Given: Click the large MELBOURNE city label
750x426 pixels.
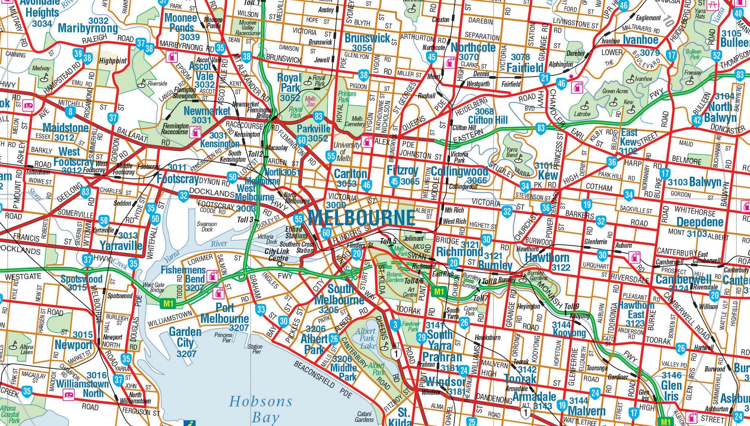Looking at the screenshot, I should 361,218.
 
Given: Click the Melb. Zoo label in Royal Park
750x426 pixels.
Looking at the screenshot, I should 310,101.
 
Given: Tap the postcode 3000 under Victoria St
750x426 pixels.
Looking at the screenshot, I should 336,205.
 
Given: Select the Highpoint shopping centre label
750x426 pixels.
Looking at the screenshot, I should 113,61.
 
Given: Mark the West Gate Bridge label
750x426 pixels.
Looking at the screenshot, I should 154,287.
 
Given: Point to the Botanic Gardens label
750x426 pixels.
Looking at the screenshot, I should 395,277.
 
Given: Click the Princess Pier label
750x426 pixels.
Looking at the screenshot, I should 223,337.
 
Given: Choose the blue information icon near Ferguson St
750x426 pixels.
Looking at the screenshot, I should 189,423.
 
